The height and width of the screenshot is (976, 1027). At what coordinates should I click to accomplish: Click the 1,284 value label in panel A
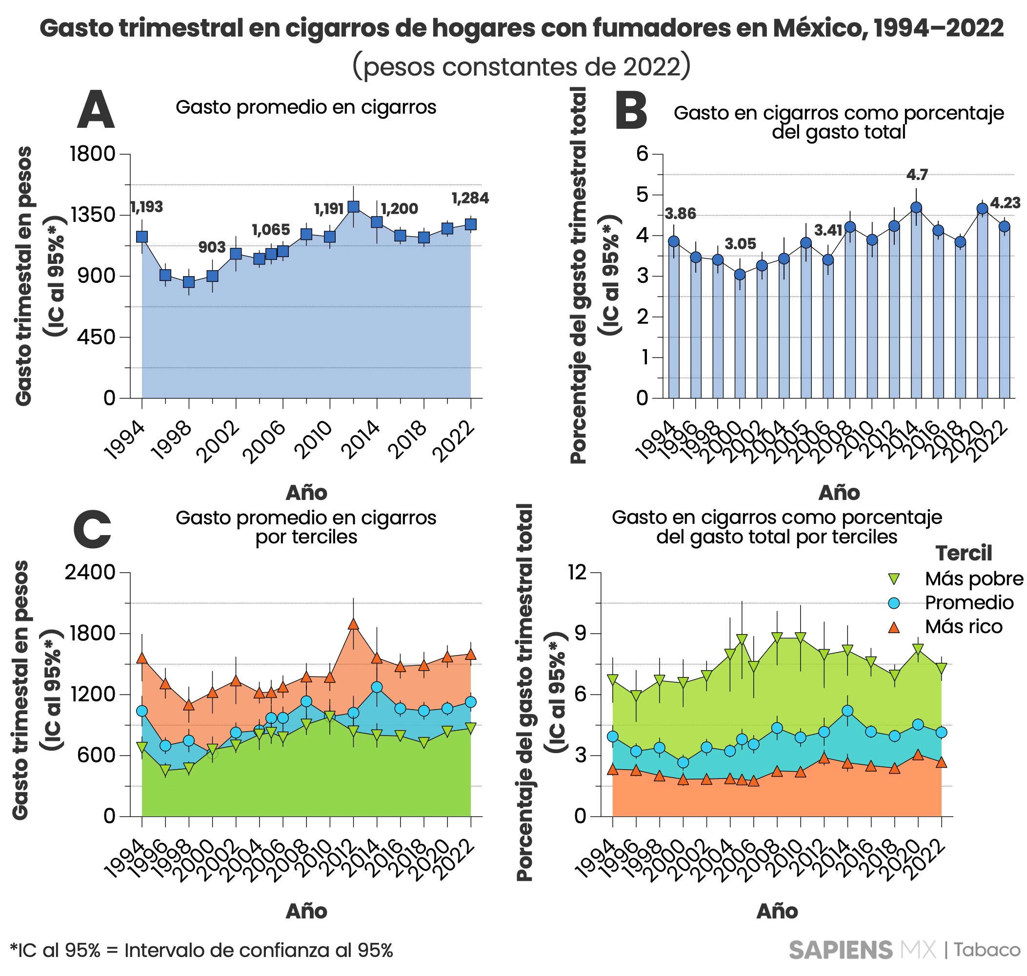click(x=469, y=198)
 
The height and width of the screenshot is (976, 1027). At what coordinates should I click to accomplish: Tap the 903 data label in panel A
click(x=212, y=248)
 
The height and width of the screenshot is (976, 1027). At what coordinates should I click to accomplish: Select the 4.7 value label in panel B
click(x=917, y=175)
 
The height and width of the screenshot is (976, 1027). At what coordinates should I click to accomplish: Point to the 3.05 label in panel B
click(x=740, y=244)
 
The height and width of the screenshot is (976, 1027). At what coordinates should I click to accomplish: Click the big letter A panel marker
click(x=96, y=110)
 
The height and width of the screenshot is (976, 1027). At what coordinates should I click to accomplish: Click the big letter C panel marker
click(x=93, y=530)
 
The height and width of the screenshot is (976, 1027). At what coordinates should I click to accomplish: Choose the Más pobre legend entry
click(x=973, y=579)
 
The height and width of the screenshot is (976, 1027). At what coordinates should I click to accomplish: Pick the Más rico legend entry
click(x=963, y=627)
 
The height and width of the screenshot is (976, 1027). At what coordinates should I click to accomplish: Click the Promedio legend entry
click(x=968, y=603)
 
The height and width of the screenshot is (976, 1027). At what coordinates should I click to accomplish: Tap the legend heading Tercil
click(x=963, y=554)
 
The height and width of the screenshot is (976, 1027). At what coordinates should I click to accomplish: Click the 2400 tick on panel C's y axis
click(x=89, y=572)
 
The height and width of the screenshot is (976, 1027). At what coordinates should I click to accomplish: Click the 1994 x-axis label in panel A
click(x=124, y=441)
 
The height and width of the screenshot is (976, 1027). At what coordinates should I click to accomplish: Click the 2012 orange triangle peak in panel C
click(x=353, y=624)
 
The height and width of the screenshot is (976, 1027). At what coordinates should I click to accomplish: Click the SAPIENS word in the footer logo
click(x=840, y=951)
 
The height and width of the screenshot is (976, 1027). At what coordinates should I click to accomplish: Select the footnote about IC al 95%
click(x=201, y=951)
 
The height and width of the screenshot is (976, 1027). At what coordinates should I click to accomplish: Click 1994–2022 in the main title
click(x=938, y=28)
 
